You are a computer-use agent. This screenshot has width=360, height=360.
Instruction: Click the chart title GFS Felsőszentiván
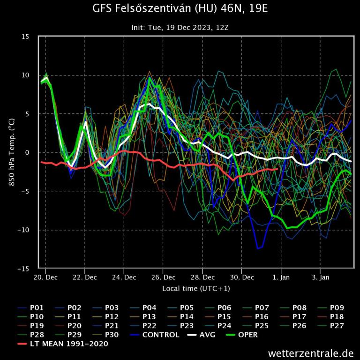(180, 9)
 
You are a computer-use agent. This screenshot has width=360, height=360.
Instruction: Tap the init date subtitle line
(180, 27)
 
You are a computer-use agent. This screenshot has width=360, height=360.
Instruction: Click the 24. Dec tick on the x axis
(124, 277)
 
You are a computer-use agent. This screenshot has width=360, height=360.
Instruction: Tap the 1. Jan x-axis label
(281, 277)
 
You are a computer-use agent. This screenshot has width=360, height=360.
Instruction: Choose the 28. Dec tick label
(202, 277)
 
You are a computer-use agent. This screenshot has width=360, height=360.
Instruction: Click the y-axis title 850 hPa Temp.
(13, 153)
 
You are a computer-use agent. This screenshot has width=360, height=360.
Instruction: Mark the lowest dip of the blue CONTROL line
(257, 248)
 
